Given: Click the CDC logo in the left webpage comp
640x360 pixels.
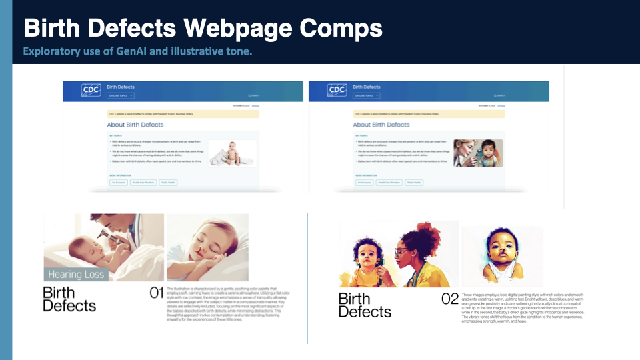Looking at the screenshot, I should point(91,90).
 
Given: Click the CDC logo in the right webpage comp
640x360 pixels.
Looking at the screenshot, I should point(337,90).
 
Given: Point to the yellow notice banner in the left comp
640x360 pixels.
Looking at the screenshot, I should point(183,114).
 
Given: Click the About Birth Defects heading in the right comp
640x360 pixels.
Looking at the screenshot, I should point(381,125).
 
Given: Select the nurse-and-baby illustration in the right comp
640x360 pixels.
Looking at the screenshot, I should point(478,153).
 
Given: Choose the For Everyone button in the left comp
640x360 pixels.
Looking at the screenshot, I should point(118,182).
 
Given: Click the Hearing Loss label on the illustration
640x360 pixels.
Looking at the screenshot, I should point(75,274).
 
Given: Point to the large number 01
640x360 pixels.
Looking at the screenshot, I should point(156,293).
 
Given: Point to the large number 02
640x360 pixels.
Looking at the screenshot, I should point(451,299).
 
